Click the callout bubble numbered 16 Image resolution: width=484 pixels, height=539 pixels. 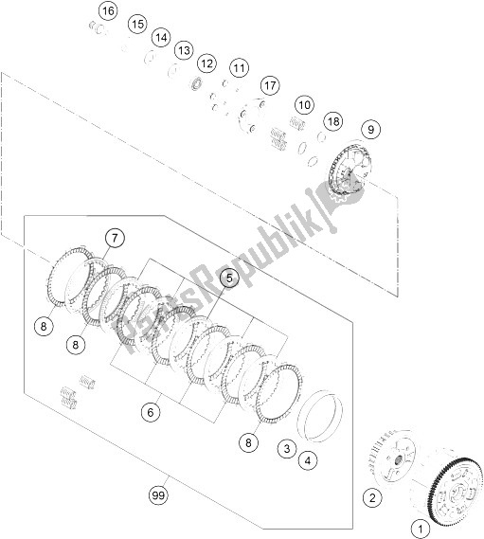coord(108,11)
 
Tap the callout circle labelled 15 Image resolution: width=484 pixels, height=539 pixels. coord(137,24)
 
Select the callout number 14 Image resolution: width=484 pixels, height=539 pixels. coord(161,37)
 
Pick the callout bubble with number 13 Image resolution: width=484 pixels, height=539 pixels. coord(184,50)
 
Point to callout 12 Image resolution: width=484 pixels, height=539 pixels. coord(206,63)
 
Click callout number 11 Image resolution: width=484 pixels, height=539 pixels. coord(240,68)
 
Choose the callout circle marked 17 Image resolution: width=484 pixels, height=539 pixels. coord(270,85)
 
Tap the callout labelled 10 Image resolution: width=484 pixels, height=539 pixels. coord(304,104)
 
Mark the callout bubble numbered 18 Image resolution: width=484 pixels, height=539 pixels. coord(333,121)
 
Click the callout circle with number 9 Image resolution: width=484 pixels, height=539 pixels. coord(370,129)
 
